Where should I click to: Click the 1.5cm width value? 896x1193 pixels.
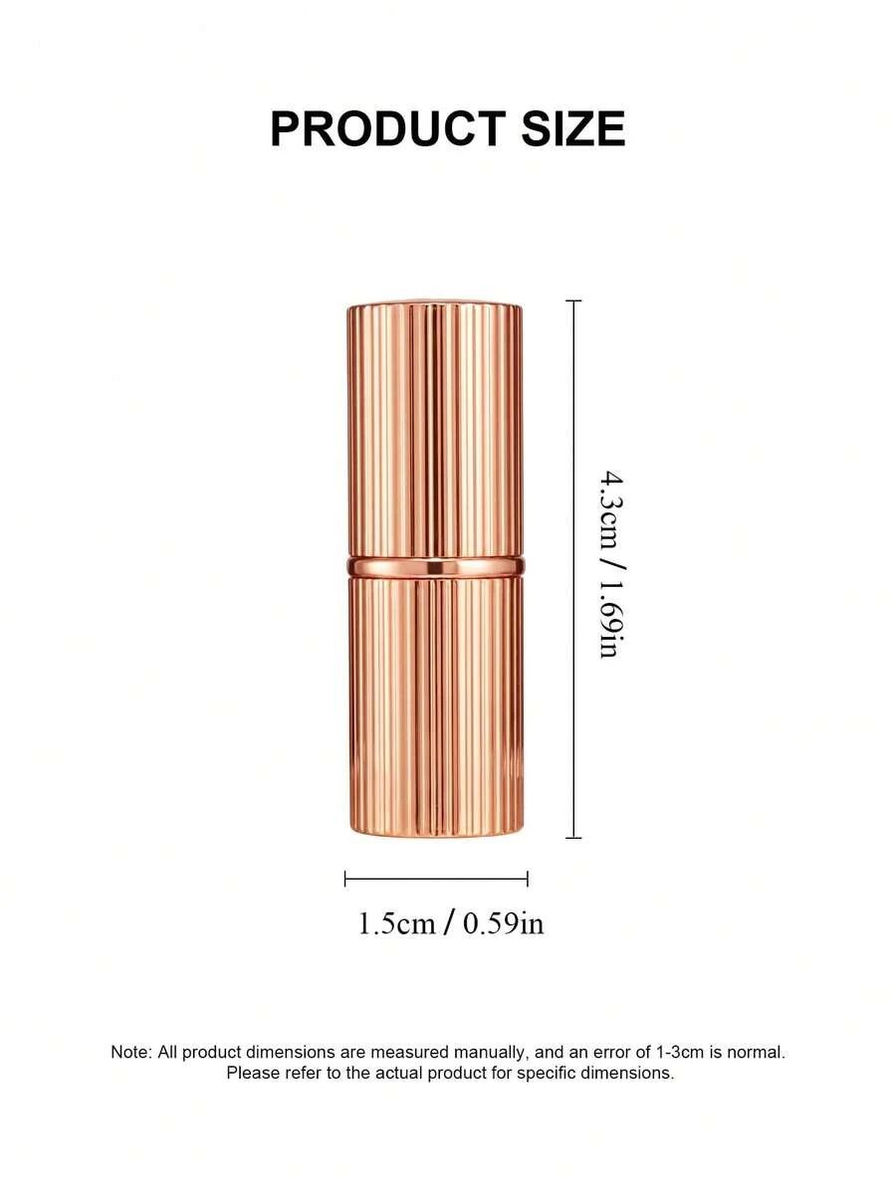(x=396, y=923)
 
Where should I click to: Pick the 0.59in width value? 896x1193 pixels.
(x=504, y=923)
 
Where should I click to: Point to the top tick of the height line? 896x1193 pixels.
(x=573, y=300)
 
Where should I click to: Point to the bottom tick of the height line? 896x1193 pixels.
(x=573, y=838)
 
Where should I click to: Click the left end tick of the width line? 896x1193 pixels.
(x=345, y=879)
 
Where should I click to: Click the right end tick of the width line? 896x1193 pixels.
(x=528, y=879)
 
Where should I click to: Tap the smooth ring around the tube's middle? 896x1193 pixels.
(x=435, y=566)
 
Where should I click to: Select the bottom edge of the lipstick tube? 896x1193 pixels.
(x=435, y=832)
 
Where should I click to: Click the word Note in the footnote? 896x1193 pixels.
(x=130, y=1052)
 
